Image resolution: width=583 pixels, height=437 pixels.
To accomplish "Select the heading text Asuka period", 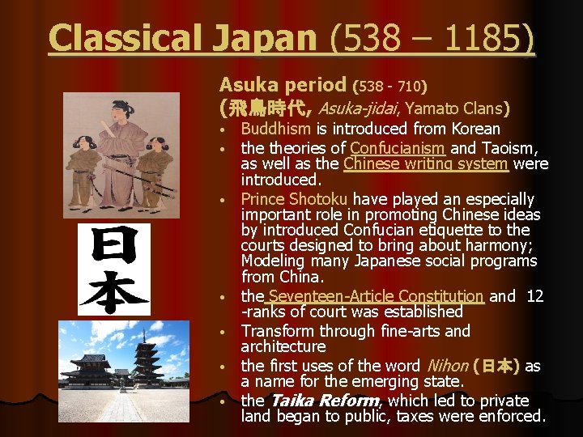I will pos(283,84).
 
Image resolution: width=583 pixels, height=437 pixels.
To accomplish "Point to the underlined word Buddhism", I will pos(275,129).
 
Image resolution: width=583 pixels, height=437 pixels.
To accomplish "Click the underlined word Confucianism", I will pos(397,148).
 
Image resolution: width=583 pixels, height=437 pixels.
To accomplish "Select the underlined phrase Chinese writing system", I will pos(426,164).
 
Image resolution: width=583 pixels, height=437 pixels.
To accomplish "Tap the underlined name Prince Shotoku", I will pos(294,199).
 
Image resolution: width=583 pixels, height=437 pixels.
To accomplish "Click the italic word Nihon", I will pos(446,366).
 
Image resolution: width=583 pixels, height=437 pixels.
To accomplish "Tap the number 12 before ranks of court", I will pos(534,296).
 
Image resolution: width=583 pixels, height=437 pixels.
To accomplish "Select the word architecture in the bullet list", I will pos(283,346).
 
